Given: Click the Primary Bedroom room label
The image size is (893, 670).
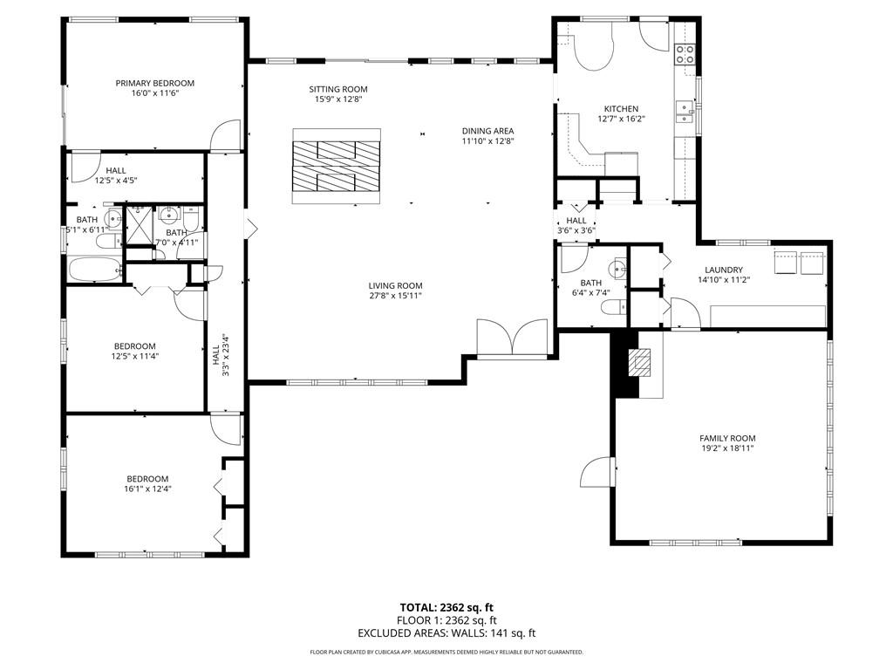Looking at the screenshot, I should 154,84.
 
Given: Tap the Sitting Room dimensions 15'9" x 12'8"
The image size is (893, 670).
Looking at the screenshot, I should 337,99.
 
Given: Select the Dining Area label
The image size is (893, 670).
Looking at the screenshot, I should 487,131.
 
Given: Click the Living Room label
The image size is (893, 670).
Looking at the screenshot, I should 395,285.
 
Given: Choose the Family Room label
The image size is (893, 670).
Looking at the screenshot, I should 726,438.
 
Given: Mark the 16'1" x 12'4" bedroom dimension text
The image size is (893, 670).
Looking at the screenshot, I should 147,489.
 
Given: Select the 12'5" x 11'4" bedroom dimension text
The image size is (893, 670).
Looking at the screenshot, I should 134,356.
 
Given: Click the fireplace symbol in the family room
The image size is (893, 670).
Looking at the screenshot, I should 640,362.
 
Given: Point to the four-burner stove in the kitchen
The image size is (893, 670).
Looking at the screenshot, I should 685,55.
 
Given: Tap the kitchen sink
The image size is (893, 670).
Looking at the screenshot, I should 685,110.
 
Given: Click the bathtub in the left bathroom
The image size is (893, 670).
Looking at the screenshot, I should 94,270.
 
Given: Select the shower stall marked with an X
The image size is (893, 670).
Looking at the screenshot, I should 139,225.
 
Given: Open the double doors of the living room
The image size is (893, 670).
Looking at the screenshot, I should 512,338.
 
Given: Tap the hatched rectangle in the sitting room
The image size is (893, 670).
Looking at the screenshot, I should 337,166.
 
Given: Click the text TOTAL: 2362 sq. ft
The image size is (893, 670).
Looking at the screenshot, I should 446,607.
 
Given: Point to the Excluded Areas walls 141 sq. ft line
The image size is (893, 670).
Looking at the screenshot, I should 446,633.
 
